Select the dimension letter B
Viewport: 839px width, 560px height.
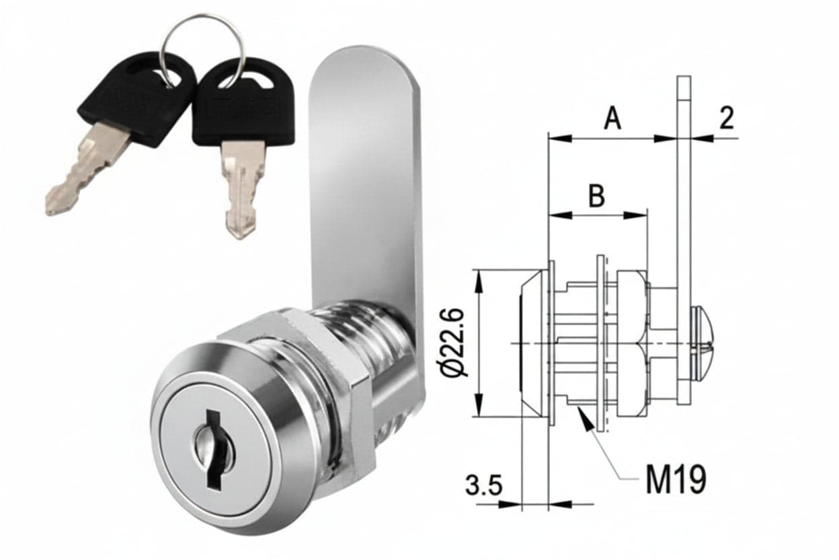(597, 195)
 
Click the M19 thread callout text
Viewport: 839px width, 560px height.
(676, 479)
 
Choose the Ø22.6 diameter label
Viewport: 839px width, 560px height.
(453, 342)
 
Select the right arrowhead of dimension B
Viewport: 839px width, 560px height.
(635, 215)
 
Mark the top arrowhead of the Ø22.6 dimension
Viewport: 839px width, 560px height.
(480, 281)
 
